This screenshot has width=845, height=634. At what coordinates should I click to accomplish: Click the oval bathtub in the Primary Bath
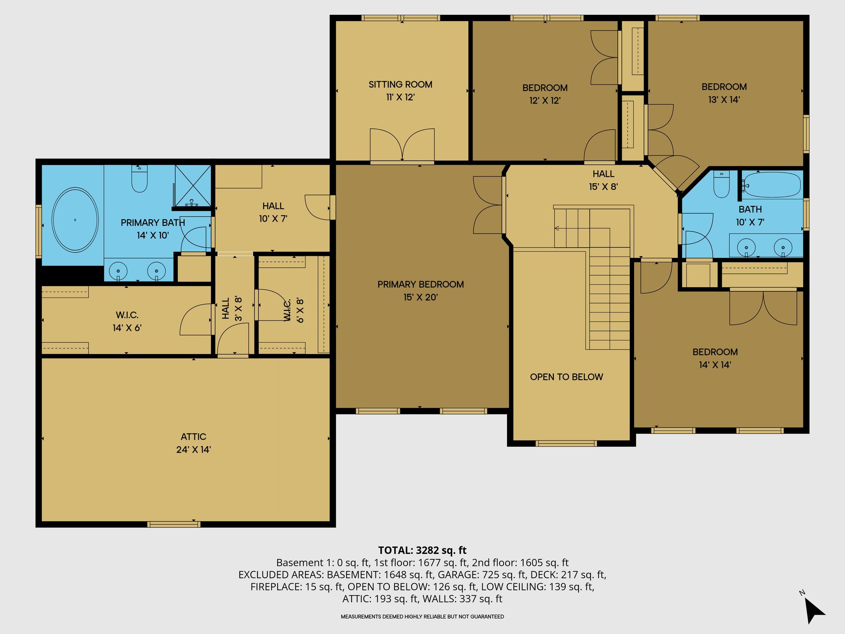click(x=75, y=220)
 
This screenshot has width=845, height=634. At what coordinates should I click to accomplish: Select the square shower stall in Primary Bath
click(x=193, y=185)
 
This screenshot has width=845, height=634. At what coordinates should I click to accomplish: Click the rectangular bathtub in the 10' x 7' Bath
click(x=772, y=185)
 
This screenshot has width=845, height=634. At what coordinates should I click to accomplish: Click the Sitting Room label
click(x=400, y=85)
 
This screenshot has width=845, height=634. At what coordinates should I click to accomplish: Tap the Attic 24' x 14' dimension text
click(x=193, y=450)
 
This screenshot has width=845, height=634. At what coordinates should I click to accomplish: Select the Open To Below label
click(x=566, y=377)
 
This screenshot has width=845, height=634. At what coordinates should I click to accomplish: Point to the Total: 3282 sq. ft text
click(x=422, y=550)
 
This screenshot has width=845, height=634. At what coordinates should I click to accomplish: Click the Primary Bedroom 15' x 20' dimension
click(x=420, y=297)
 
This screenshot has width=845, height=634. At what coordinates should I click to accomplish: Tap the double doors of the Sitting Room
click(x=402, y=145)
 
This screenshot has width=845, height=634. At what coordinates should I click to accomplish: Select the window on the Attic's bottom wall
click(x=174, y=525)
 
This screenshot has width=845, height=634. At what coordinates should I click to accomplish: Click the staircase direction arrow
click(x=557, y=228)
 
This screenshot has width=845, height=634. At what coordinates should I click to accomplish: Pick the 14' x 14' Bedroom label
click(x=715, y=352)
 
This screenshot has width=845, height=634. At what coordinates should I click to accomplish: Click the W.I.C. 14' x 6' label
click(x=127, y=315)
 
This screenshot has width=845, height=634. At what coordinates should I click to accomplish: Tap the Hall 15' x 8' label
click(x=603, y=174)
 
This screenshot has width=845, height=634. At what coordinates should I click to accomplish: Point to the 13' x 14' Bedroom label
click(x=724, y=87)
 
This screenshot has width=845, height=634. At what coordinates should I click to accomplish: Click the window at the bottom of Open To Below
click(x=566, y=443)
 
